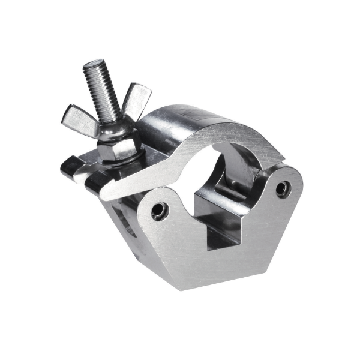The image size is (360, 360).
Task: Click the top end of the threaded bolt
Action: [95, 64]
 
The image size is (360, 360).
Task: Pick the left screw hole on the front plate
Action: [159, 211]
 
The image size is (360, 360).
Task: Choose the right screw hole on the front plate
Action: [281, 190]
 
